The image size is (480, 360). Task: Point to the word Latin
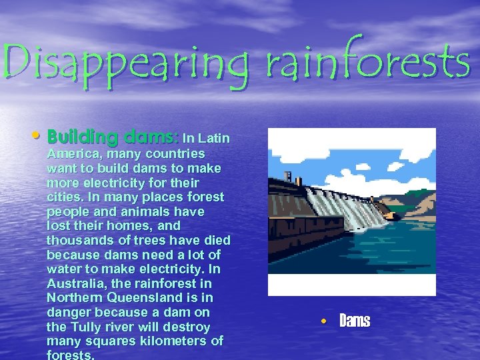pos(215,138)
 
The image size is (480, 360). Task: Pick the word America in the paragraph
pos(70,153)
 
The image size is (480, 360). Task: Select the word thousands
pos(79,241)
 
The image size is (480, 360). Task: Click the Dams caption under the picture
pos(355,321)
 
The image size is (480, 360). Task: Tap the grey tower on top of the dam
pos(289,177)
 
